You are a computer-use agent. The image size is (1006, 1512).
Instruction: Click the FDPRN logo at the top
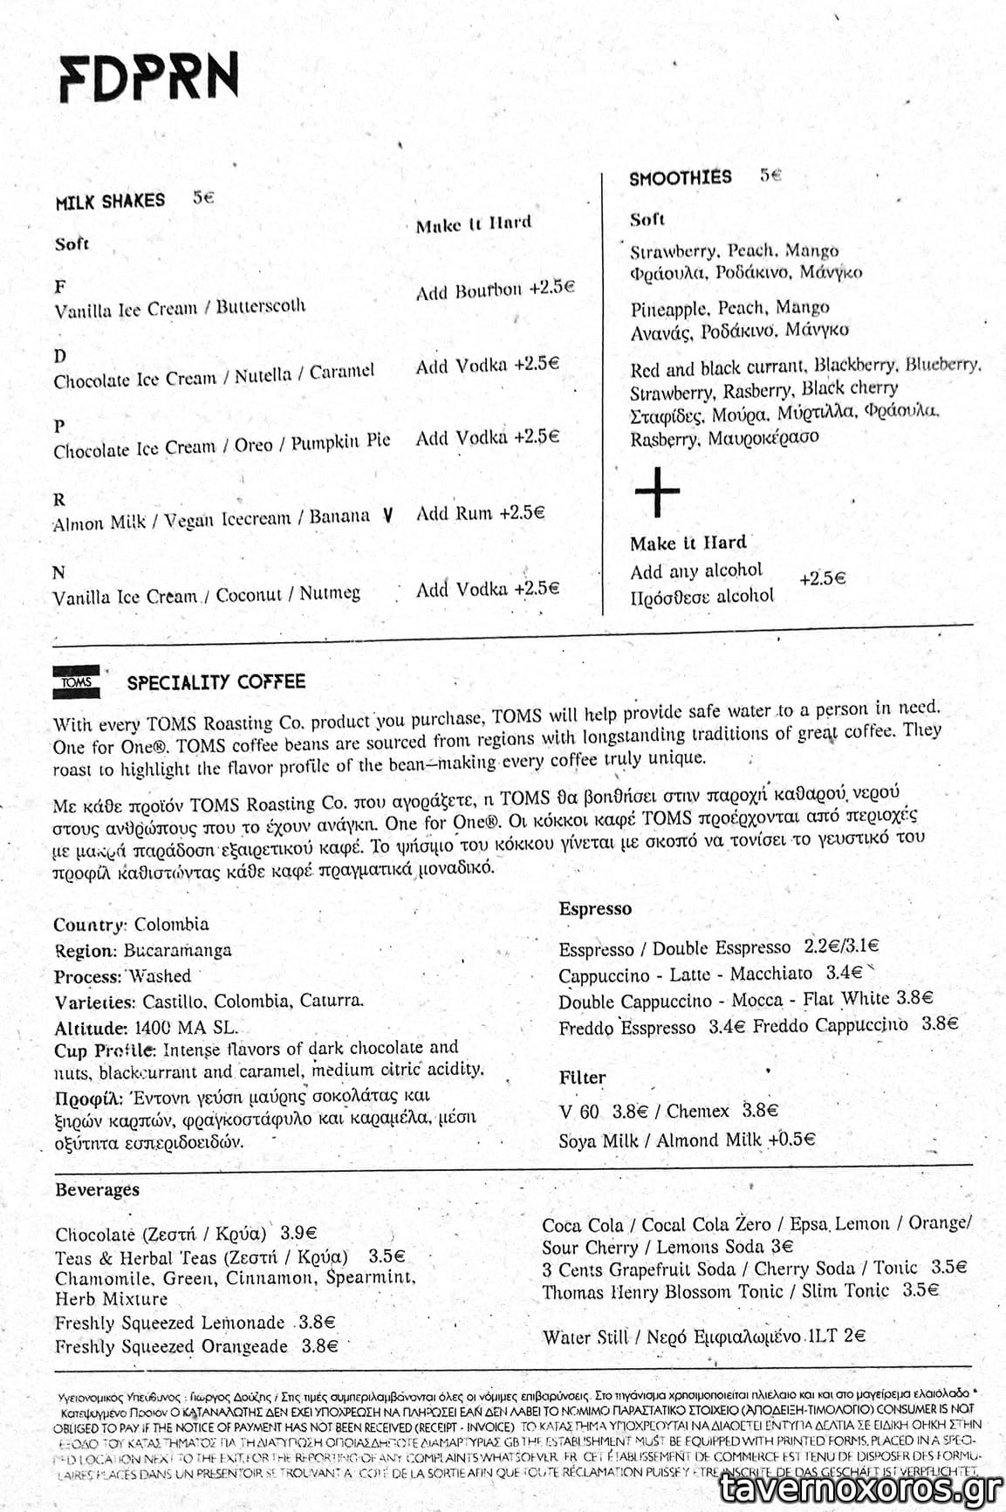pyautogui.click(x=149, y=79)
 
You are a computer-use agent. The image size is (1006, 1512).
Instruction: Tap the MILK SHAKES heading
pyautogui.click(x=110, y=202)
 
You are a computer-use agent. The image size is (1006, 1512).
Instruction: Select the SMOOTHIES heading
pyautogui.click(x=681, y=178)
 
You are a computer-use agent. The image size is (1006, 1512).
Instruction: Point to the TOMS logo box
pyautogui.click(x=77, y=682)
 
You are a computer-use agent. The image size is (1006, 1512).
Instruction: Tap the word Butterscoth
pyautogui.click(x=261, y=306)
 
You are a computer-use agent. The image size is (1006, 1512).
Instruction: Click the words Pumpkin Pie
pyautogui.click(x=340, y=441)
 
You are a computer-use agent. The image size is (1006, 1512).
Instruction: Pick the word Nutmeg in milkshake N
pyautogui.click(x=329, y=594)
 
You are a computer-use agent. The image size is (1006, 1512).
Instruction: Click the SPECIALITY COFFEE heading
pyautogui.click(x=216, y=682)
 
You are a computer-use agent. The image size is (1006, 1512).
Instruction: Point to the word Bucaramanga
pyautogui.click(x=177, y=950)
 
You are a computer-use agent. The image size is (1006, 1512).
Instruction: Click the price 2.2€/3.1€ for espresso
pyautogui.click(x=841, y=947)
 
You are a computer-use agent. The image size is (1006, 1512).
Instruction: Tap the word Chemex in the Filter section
pyautogui.click(x=697, y=1111)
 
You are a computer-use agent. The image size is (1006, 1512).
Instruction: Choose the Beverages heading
pyautogui.click(x=97, y=1190)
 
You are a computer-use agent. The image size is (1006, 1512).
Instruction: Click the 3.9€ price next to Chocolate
pyautogui.click(x=298, y=1234)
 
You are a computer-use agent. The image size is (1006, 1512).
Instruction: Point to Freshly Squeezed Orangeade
pyautogui.click(x=171, y=1346)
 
